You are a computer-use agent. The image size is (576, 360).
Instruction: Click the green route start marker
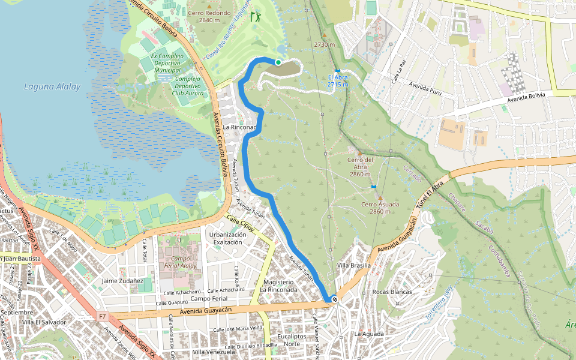tap(278, 62)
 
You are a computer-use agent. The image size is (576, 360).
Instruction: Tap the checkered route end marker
tap(334, 299)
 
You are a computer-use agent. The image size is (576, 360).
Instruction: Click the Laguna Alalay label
tap(52, 86)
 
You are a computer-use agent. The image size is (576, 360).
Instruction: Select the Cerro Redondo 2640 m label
tap(209, 16)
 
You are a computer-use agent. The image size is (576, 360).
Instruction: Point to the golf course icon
tap(256, 16)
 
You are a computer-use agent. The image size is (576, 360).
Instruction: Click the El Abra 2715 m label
tap(338, 81)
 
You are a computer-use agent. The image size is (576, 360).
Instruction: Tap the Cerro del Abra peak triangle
tap(360, 153)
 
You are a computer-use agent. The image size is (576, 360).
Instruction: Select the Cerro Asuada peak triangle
tap(380, 197)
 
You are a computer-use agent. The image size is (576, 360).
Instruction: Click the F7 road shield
tap(103, 315)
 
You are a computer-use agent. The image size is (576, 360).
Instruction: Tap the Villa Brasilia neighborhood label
tap(354, 265)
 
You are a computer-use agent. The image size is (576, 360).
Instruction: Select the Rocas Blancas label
tap(392, 292)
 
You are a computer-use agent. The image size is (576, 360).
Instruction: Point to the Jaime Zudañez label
tap(122, 280)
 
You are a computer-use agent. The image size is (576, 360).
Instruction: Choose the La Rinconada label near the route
tap(240, 128)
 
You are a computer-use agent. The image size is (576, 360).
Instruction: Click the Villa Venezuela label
tap(213, 352)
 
